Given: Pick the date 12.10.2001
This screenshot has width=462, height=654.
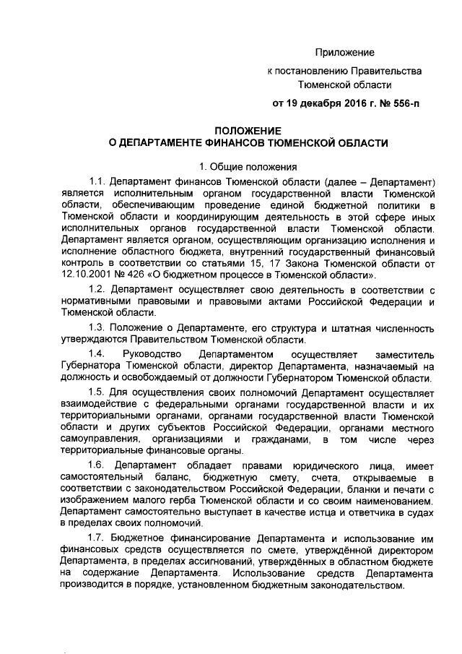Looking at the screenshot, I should pyautogui.click(x=86, y=275).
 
